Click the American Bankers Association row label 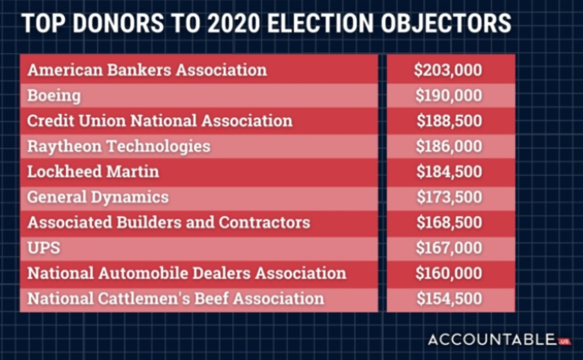click(148, 70)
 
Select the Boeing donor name click(54, 96)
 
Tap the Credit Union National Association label click(160, 121)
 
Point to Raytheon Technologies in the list click(119, 146)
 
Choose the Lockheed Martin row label click(93, 171)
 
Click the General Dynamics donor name click(98, 197)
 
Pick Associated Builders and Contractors click(169, 223)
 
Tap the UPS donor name click(44, 248)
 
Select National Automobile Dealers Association click(187, 273)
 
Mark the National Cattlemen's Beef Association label click(176, 299)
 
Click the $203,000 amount click(449, 70)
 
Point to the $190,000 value click(449, 96)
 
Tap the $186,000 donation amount click(449, 146)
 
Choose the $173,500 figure click(449, 197)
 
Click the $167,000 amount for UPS click(449, 248)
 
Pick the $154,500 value click(449, 299)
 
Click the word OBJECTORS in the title click(446, 23)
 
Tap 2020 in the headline click(233, 23)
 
